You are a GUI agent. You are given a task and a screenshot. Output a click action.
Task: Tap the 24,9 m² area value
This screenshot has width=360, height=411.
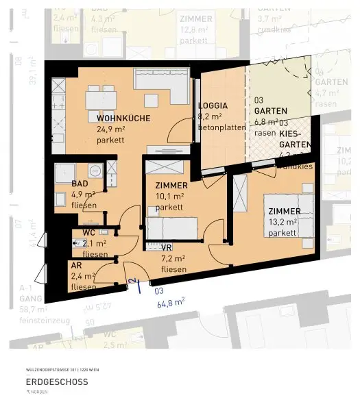(110, 129)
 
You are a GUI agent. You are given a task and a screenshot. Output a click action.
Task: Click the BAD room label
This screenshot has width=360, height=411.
(79, 184)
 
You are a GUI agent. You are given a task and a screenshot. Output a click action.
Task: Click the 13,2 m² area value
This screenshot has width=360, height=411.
(282, 222)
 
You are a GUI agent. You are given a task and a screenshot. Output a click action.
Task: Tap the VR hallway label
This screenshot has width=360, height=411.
(166, 247)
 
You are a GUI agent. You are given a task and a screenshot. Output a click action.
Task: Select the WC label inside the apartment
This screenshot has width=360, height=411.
(88, 232)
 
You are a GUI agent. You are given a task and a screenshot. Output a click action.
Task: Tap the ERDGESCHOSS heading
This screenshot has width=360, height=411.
(56, 382)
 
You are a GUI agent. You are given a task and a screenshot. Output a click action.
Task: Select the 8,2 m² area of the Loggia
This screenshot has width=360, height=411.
(208, 116)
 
